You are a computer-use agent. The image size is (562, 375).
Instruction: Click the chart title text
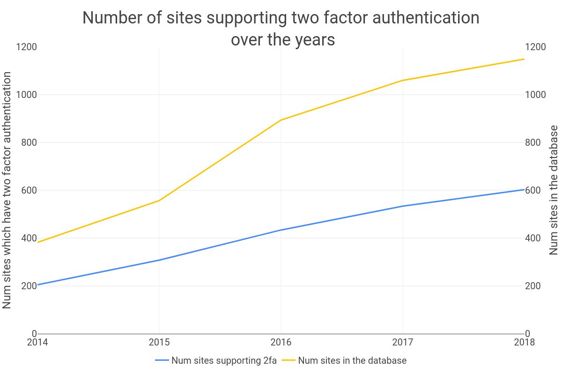click(x=281, y=29)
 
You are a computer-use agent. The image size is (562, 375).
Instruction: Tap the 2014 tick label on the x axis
click(x=37, y=342)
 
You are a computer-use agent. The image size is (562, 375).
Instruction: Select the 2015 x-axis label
click(x=159, y=342)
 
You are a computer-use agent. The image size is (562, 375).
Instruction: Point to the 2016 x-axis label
click(x=281, y=342)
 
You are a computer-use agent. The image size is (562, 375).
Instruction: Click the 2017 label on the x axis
click(x=403, y=342)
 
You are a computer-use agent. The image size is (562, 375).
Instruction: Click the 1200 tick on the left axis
click(x=26, y=47)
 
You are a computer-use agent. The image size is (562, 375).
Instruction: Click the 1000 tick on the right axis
click(x=536, y=95)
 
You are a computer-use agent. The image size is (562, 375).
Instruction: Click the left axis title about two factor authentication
click(x=7, y=190)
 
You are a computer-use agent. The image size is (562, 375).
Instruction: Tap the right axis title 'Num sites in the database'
click(x=554, y=190)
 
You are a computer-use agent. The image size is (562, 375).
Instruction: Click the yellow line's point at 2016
click(x=281, y=120)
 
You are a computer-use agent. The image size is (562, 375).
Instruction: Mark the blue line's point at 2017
click(x=403, y=206)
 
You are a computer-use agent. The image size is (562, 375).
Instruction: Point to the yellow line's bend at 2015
click(x=159, y=201)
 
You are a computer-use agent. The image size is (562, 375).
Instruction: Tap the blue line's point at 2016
click(x=281, y=230)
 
